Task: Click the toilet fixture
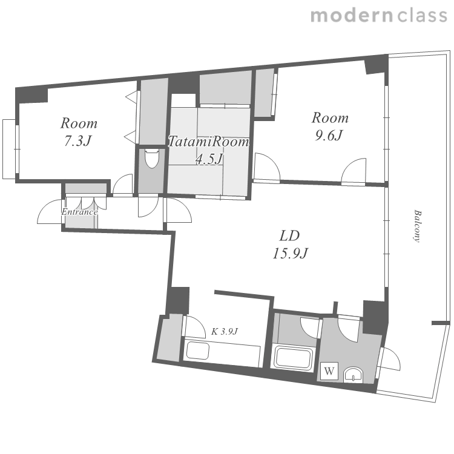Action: (x=152, y=158)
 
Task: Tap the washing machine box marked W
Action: (x=329, y=370)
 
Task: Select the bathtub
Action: (x=294, y=358)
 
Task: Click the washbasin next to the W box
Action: (x=353, y=375)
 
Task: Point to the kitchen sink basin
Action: (x=198, y=350)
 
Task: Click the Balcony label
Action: (x=416, y=226)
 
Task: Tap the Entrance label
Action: (x=79, y=212)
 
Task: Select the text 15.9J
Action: (x=290, y=254)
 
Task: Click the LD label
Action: (x=289, y=236)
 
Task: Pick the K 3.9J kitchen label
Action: (x=225, y=331)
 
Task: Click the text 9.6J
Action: (x=329, y=135)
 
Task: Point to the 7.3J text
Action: (x=77, y=141)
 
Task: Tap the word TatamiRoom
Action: (x=208, y=142)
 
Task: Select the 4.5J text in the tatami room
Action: (x=209, y=159)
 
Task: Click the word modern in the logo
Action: (x=352, y=16)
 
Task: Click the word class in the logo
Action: (x=423, y=16)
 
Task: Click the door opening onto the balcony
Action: (x=390, y=358)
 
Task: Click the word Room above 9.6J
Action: (x=330, y=118)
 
